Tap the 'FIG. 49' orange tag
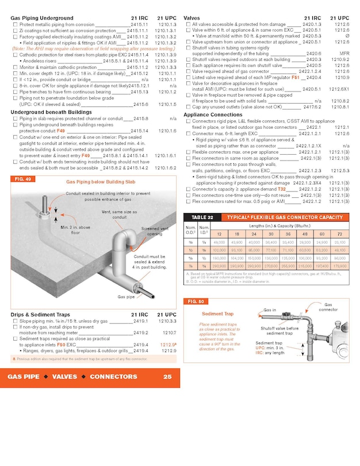click(22, 179)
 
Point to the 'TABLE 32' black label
click(198, 217)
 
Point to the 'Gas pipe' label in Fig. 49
click(127, 297)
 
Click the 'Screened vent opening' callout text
click(155, 231)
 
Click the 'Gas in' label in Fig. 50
click(269, 310)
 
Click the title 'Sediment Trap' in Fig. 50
click(218, 314)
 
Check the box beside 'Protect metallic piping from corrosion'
click(15, 25)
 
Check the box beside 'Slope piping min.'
click(15, 321)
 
